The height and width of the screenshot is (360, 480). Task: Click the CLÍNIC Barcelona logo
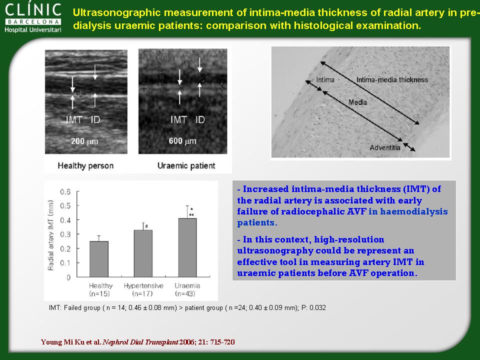point(33,18)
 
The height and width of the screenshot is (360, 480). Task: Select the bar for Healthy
point(99,259)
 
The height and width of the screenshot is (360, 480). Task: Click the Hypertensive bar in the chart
point(143,253)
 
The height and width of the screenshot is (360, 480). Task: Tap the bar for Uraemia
point(187,247)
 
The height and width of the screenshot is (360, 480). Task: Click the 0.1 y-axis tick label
point(65,263)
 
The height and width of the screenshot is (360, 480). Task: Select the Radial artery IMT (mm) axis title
point(51,235)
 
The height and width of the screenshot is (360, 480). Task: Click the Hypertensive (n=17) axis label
point(143,289)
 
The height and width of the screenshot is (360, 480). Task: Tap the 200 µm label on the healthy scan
point(84,141)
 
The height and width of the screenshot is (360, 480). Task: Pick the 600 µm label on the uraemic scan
point(182,141)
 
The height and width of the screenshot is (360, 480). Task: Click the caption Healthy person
point(85,165)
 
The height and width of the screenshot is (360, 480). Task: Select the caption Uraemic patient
point(186,165)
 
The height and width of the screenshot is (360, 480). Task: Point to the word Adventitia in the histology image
point(385,147)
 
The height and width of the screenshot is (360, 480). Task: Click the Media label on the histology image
point(357,102)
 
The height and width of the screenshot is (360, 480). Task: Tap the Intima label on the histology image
point(325,80)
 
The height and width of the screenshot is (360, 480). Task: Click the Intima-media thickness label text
point(392,79)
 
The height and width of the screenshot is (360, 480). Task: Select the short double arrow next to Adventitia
point(409,147)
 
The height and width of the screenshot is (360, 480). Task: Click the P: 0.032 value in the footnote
point(314,307)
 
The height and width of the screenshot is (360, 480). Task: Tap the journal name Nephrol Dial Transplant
point(140,342)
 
